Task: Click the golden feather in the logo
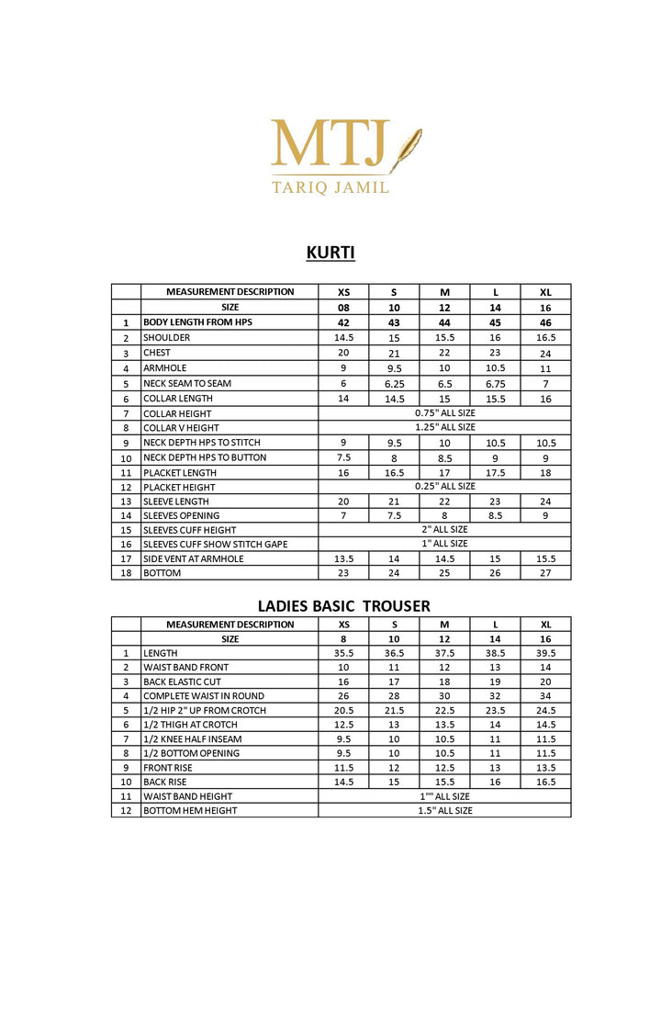click(406, 150)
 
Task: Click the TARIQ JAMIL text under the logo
click(330, 186)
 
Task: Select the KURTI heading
click(330, 252)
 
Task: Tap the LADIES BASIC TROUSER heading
click(343, 606)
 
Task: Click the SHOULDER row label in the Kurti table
click(167, 338)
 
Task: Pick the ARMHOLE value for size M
click(444, 368)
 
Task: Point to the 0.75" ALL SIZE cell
click(444, 413)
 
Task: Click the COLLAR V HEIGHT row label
click(181, 428)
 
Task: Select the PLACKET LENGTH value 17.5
click(495, 473)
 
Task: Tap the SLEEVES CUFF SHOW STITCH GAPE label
click(215, 545)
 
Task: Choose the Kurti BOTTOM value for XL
click(545, 573)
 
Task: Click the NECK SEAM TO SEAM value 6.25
click(394, 384)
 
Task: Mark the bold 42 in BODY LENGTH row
click(343, 323)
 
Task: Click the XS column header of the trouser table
click(343, 625)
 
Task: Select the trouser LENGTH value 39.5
click(545, 653)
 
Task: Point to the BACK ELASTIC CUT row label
click(182, 682)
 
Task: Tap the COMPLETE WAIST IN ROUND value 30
click(444, 696)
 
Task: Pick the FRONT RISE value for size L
click(495, 768)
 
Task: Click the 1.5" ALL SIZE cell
click(444, 811)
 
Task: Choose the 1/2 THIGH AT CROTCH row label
click(191, 725)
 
